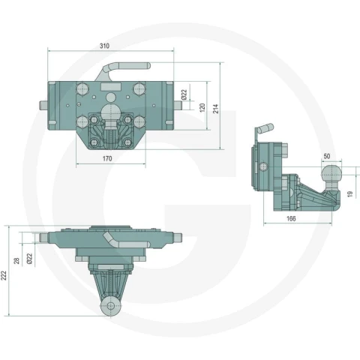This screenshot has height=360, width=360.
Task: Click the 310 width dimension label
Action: (x=104, y=46)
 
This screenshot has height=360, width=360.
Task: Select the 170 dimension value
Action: (x=107, y=158)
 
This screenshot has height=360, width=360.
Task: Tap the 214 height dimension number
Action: (x=215, y=109)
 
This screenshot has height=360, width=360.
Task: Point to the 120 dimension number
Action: (x=202, y=107)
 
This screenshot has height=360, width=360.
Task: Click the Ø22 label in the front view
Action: (x=184, y=94)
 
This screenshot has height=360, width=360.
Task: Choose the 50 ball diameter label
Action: (x=327, y=156)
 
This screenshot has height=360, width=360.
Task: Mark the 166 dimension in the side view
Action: (x=291, y=218)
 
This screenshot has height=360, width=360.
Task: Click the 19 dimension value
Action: (x=350, y=194)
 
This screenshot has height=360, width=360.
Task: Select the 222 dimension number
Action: (x=4, y=275)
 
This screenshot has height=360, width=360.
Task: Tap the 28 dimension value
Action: (x=16, y=261)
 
